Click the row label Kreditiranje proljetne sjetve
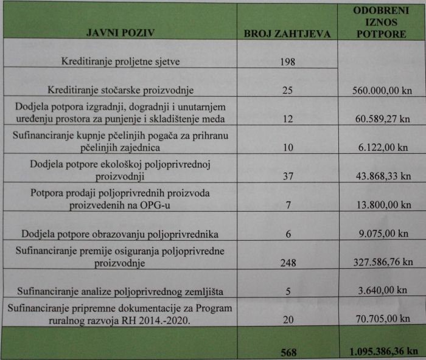point(122,62)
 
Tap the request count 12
point(288,119)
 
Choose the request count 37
point(288,176)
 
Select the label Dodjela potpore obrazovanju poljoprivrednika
point(126,234)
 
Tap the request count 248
point(288,263)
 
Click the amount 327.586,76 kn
point(382,263)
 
